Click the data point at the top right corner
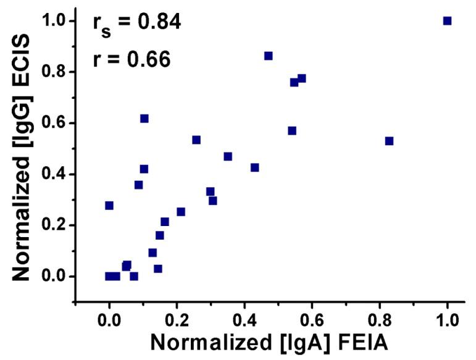(447, 21)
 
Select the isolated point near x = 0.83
(389, 141)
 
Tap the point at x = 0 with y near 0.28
(109, 205)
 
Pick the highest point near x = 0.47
(268, 56)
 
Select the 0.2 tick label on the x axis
(177, 320)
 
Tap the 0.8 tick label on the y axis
(54, 72)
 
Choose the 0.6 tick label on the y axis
(54, 123)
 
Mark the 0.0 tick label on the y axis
(54, 277)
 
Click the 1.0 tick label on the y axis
(54, 21)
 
